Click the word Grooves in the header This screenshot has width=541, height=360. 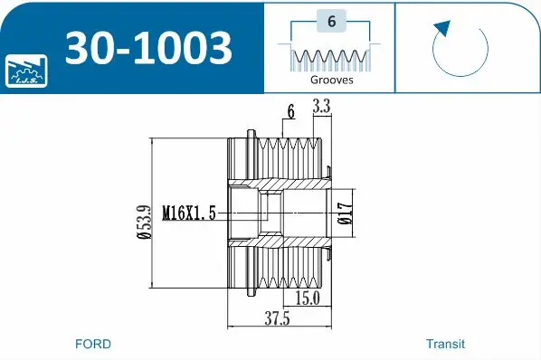[x=331, y=80]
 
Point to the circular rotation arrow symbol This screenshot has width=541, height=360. [x=460, y=51]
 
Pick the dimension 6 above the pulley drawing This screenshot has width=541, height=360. [x=290, y=111]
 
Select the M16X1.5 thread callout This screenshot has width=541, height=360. [x=189, y=213]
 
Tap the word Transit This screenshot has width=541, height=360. [x=445, y=344]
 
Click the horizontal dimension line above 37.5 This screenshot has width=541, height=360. [x=276, y=327]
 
